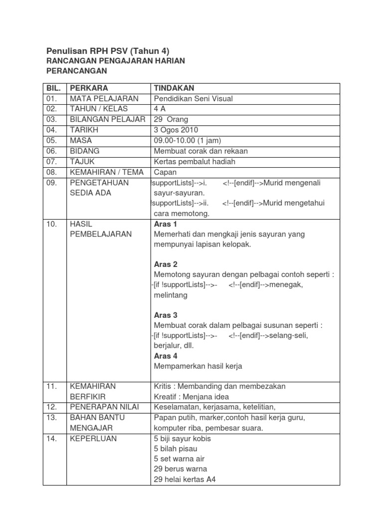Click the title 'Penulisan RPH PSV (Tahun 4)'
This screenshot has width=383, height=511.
pyautogui.click(x=108, y=50)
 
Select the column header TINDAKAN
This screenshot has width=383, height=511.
pyautogui.click(x=174, y=88)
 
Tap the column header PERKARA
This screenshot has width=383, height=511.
pyautogui.click(x=89, y=88)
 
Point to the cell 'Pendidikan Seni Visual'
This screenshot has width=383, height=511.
pyautogui.click(x=193, y=98)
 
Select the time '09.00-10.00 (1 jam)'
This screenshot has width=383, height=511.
pyautogui.click(x=188, y=141)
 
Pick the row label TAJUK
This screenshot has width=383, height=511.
pyautogui.click(x=82, y=162)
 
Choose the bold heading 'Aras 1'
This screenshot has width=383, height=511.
pyautogui.click(x=166, y=224)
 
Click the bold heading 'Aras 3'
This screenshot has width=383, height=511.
pyautogui.click(x=166, y=315)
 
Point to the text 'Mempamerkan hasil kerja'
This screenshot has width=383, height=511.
pyautogui.click(x=198, y=366)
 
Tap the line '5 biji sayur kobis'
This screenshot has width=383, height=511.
pyautogui.click(x=183, y=439)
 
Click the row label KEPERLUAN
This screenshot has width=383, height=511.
pyautogui.click(x=93, y=439)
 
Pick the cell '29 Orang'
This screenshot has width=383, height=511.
pyautogui.click(x=171, y=119)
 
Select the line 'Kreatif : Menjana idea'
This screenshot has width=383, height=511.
pyautogui.click(x=191, y=397)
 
